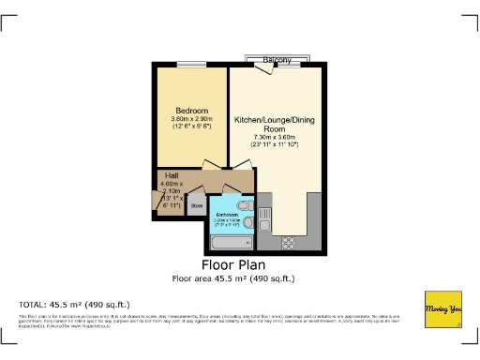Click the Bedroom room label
(190, 112)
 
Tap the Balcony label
(276, 60)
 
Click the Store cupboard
(197, 204)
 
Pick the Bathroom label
(229, 216)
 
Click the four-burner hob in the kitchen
(289, 242)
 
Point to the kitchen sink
(265, 220)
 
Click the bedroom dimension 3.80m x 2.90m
(190, 120)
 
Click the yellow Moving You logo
(443, 310)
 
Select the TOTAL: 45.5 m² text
(75, 305)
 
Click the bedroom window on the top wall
(191, 64)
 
